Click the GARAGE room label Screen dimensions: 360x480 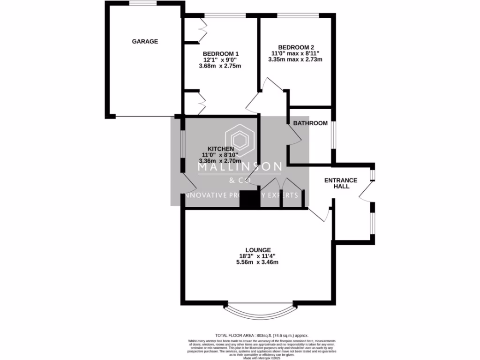[x=145, y=41]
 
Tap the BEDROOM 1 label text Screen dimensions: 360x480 [x=221, y=53]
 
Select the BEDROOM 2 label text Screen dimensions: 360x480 [x=296, y=47]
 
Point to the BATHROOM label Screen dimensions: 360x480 [x=310, y=123]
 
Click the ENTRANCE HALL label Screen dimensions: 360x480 [x=342, y=183]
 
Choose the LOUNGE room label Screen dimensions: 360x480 [x=257, y=249]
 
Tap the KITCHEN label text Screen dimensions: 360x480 [x=220, y=149]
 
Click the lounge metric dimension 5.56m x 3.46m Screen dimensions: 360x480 [x=257, y=262]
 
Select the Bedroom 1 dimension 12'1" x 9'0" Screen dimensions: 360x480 [x=221, y=60]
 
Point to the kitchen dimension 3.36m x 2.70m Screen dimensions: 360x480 [x=220, y=161]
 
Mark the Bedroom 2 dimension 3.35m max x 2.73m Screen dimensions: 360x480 [x=295, y=60]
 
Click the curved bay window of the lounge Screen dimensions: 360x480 [x=261, y=310]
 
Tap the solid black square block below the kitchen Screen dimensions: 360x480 [x=249, y=199]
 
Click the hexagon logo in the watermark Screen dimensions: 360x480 [x=240, y=140]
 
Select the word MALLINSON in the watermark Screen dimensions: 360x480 [x=240, y=166]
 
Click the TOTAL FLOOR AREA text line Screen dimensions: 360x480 [x=262, y=335]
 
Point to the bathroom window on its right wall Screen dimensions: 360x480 [x=333, y=135]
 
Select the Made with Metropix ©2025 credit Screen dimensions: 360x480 [x=262, y=358]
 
